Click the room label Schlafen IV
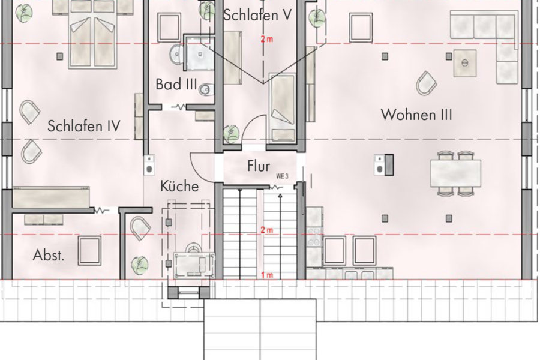(x=84, y=126)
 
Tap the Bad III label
(x=176, y=85)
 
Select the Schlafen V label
(x=257, y=15)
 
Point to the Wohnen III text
(x=416, y=115)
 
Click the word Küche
(x=179, y=187)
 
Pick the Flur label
(x=259, y=167)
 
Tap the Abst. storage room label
(x=49, y=256)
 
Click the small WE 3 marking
(x=282, y=177)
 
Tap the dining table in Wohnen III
(x=455, y=173)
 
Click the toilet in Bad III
(x=205, y=89)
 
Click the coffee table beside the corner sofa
(x=464, y=62)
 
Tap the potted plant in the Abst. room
(x=139, y=263)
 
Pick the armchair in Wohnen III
(x=427, y=83)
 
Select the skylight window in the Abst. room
(x=89, y=250)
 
